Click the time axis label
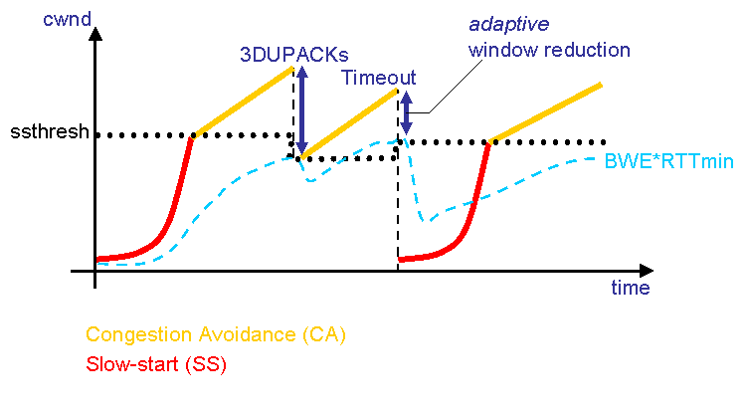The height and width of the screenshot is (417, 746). [x=630, y=289]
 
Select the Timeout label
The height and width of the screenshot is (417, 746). [x=378, y=78]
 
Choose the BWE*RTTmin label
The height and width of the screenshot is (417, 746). [x=653, y=160]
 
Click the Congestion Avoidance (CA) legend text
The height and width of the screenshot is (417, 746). [x=216, y=335]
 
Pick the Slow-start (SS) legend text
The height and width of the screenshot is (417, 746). [x=156, y=364]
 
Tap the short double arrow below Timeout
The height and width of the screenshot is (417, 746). [x=405, y=112]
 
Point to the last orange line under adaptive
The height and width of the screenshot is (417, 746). [x=547, y=112]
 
